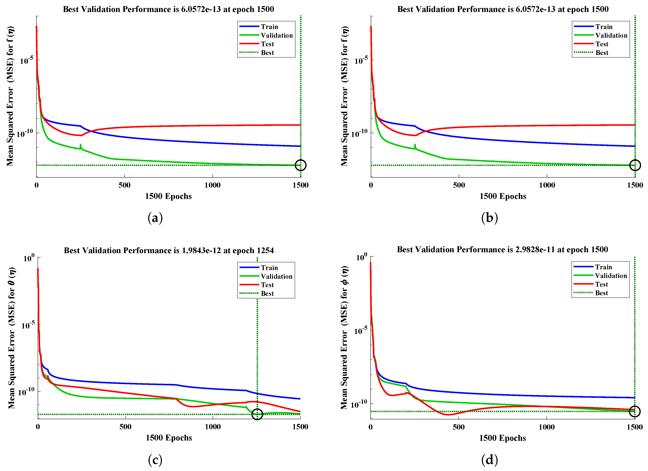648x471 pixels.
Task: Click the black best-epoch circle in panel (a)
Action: click(x=301, y=165)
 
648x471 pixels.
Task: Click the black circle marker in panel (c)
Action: click(x=257, y=414)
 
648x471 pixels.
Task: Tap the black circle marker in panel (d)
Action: click(x=635, y=411)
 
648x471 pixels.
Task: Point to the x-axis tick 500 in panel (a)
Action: click(x=125, y=185)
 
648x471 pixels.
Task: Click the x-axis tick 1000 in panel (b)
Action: click(x=547, y=185)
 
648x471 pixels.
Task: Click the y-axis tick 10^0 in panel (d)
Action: click(x=361, y=258)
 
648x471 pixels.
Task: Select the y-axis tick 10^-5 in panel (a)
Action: click(x=26, y=61)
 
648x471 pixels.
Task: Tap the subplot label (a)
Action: click(x=155, y=218)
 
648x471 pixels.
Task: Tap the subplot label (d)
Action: click(x=489, y=460)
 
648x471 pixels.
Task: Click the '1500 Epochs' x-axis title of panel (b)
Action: click(x=503, y=196)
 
